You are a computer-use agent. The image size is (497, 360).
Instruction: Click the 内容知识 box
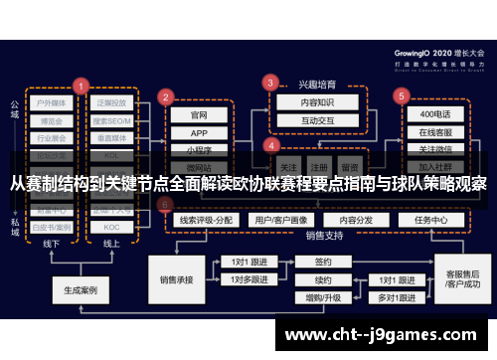pos(304,100)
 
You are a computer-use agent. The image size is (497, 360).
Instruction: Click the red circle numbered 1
pos(81,86)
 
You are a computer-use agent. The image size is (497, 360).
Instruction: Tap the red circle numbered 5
pos(402,95)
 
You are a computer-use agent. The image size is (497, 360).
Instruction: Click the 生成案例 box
pos(80,291)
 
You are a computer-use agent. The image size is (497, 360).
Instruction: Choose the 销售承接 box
pos(175,280)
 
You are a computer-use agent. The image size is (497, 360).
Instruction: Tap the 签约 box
pos(323,263)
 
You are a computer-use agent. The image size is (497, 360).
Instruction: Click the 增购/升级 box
pos(323,297)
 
